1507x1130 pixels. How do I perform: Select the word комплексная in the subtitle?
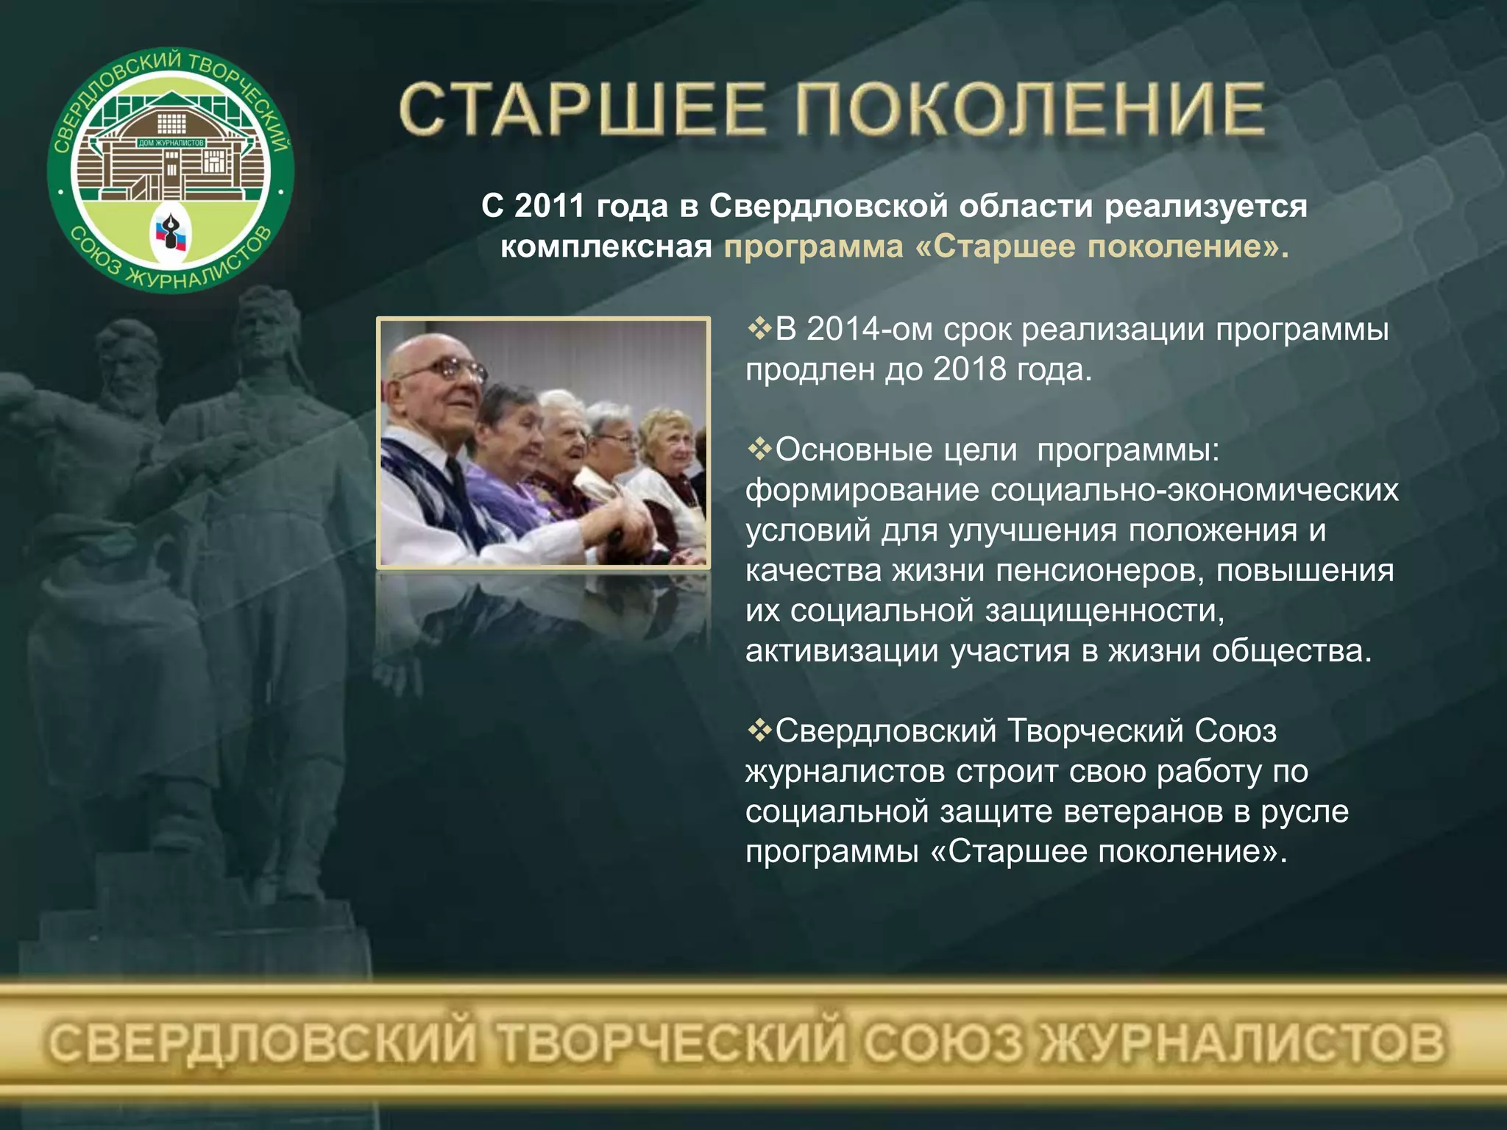[x=606, y=246]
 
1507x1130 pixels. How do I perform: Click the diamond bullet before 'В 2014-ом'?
[x=759, y=328]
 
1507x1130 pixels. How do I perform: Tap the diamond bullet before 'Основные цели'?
[x=759, y=449]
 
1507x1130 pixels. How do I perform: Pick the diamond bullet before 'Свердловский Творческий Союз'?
[x=759, y=731]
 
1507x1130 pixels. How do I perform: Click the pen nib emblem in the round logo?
[x=171, y=232]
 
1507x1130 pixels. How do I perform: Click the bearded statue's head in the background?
[x=129, y=360]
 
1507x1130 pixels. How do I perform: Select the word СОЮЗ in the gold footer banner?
[x=943, y=1043]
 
